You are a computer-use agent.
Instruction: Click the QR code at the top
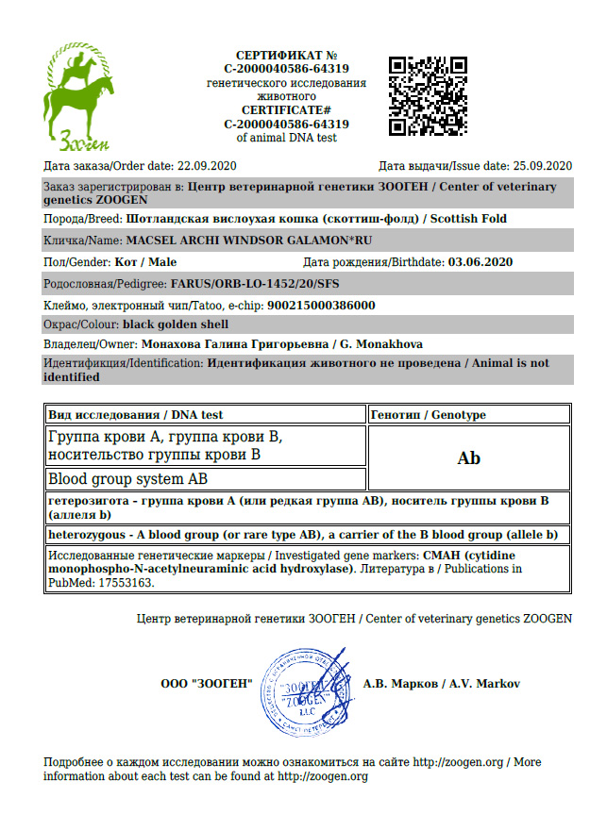tap(429, 95)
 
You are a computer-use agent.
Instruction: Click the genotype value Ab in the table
tap(468, 458)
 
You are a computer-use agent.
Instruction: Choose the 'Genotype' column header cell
tap(468, 414)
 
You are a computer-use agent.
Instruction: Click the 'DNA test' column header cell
tap(204, 414)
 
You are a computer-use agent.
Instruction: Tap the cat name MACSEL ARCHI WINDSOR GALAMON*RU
tap(244, 240)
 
